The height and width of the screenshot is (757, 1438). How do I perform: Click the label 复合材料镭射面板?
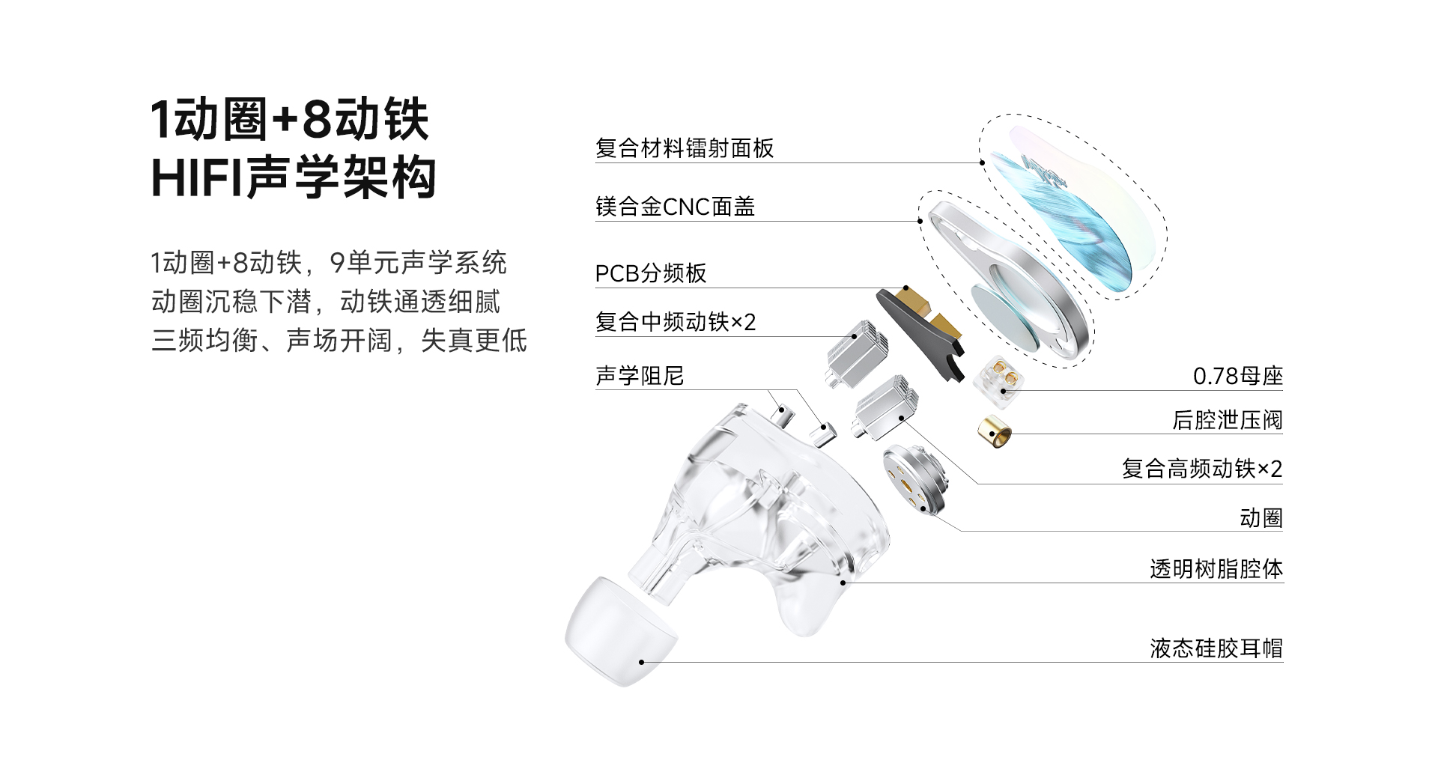(685, 148)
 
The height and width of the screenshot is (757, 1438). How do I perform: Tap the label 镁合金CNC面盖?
(675, 207)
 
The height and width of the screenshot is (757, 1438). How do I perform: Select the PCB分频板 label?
(651, 273)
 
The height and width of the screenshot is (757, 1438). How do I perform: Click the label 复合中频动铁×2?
(676, 322)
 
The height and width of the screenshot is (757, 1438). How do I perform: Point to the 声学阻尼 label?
(640, 376)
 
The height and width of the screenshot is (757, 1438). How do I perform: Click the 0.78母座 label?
(1238, 376)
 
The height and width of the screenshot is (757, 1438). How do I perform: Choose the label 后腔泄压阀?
(1228, 420)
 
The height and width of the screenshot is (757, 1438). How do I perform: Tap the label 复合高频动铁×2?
(1202, 469)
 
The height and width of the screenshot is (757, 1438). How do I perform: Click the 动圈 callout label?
(1261, 518)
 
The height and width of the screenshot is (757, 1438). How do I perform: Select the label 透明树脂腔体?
(1216, 569)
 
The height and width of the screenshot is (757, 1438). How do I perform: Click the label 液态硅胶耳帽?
(1216, 648)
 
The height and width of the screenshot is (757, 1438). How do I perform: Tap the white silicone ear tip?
(621, 631)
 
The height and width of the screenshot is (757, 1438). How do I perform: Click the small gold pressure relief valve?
(994, 431)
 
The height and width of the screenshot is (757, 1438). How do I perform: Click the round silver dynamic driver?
(914, 479)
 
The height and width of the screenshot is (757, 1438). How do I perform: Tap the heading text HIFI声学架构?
(294, 178)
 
